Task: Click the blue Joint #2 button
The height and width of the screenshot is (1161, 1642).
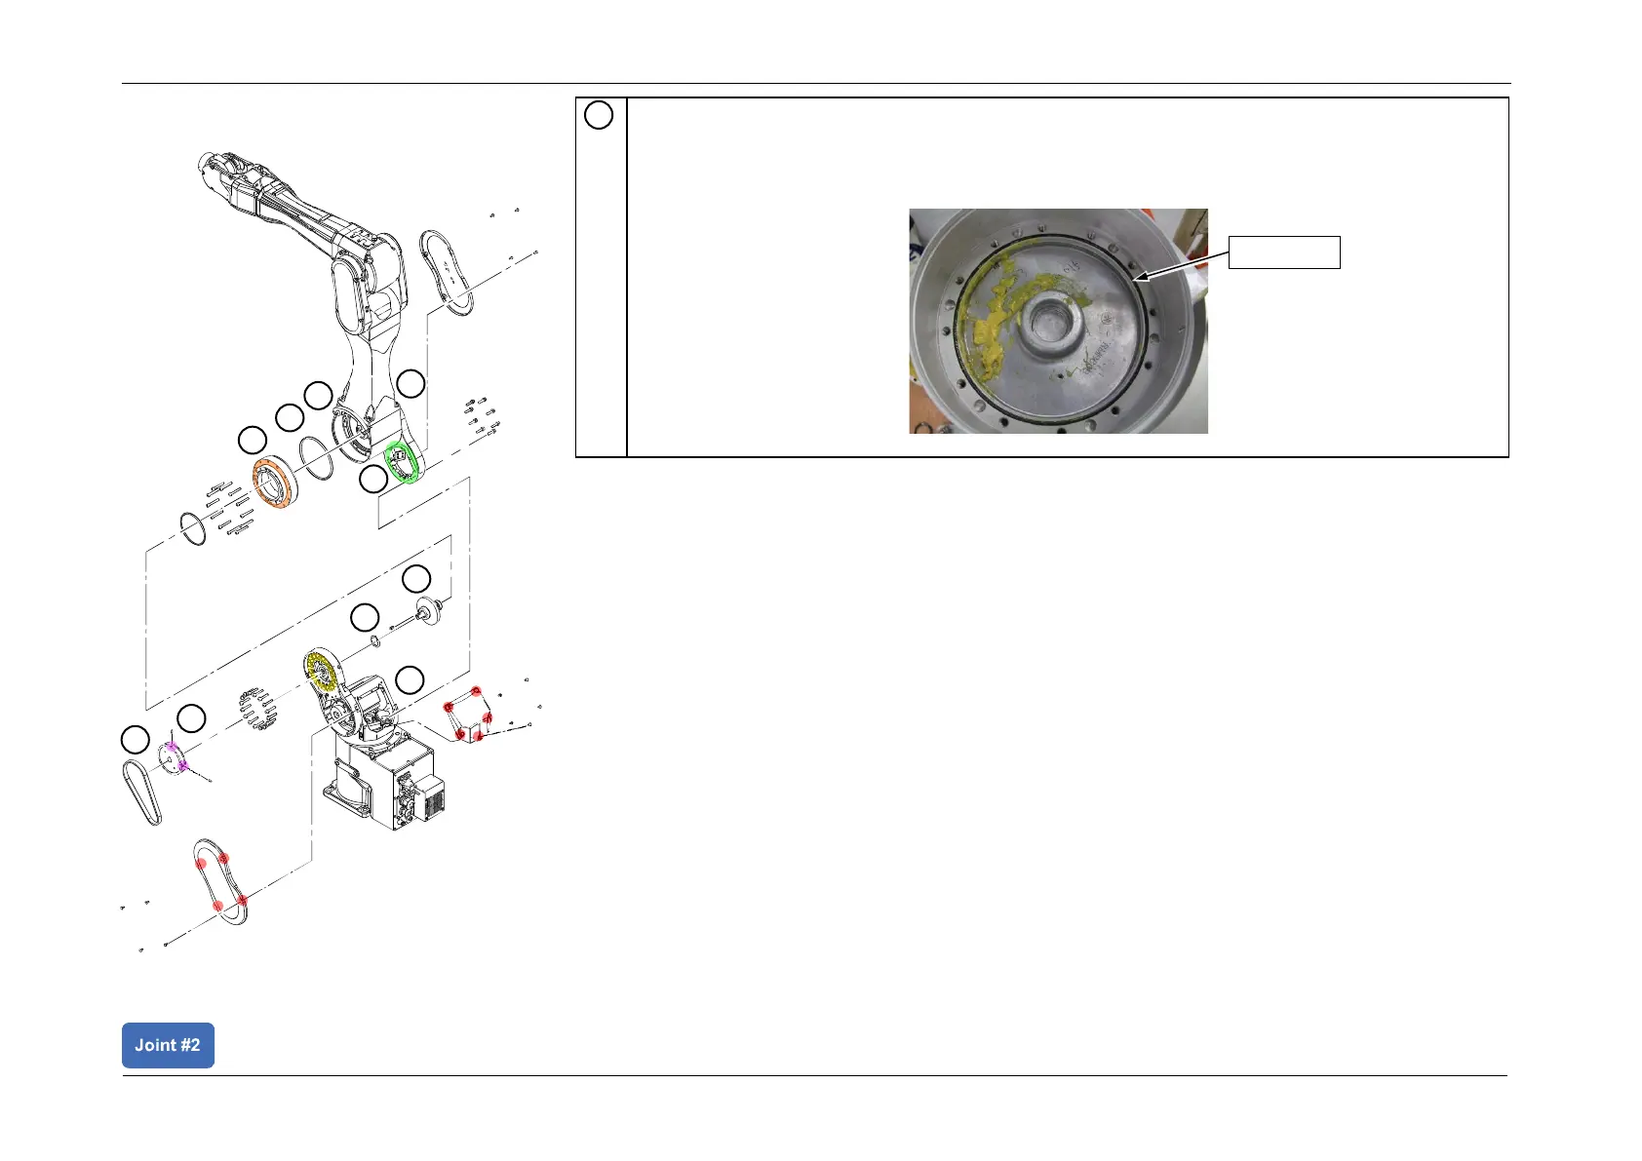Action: pos(168,1045)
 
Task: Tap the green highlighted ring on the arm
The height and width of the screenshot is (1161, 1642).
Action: pos(402,462)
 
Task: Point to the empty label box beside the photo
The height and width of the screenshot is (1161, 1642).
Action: pos(1283,252)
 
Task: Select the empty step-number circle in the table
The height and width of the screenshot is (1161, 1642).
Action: pos(599,115)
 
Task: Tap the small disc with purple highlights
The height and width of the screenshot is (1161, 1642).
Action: pos(173,757)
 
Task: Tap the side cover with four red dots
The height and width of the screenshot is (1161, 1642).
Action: pos(221,881)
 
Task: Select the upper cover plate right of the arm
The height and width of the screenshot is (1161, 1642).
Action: pos(446,272)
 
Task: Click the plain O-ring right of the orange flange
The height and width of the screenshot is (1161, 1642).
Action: pos(315,457)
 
